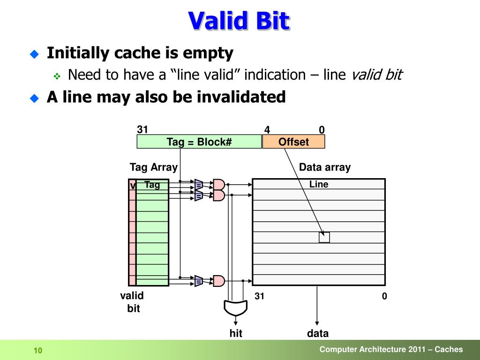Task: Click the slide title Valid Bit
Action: (239, 21)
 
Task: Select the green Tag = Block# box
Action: (199, 142)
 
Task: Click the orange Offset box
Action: (293, 142)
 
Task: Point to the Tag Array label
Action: (154, 167)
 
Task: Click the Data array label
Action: (325, 167)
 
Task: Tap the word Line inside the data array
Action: (319, 184)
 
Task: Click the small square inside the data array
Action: (324, 237)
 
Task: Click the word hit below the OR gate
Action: (235, 334)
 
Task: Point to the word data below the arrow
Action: (318, 334)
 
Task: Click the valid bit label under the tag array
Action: (132, 302)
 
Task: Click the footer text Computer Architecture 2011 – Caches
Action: (391, 349)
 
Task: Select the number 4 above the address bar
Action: (267, 130)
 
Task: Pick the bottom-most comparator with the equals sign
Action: (199, 281)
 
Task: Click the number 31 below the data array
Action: (260, 296)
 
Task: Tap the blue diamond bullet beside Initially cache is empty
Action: (34, 54)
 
